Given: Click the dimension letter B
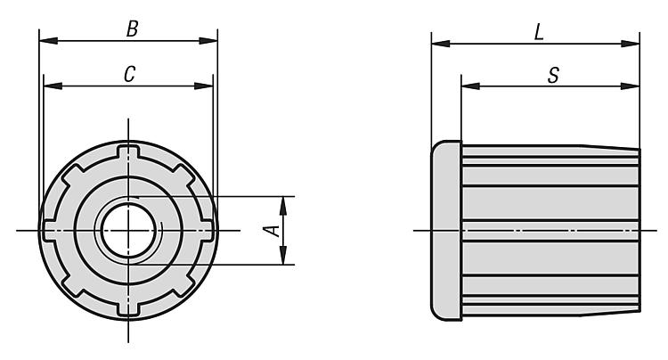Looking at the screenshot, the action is point(132,29).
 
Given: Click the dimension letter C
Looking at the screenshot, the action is point(129,74).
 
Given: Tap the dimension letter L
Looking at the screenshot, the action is point(539,32).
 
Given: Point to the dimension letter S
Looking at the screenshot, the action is point(553,76).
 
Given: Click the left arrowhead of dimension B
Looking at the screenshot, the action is point(48,41).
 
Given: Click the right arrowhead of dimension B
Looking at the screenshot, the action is point(208,41).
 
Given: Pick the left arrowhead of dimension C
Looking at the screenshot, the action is point(53,86).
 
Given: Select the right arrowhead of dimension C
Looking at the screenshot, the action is point(204,86).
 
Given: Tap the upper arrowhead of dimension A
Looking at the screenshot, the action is point(283,205).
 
